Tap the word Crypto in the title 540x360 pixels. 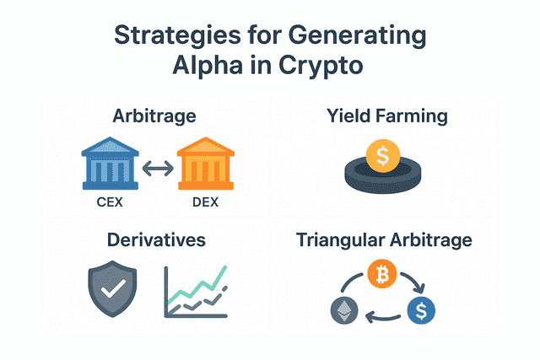321,67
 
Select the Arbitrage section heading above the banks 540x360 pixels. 154,116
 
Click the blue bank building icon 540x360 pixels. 111,163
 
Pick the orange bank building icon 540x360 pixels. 206,163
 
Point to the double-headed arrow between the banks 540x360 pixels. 158,169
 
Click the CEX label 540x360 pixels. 110,202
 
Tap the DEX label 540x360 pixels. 205,202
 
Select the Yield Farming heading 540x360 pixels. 387,116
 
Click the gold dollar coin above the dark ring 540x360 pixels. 383,156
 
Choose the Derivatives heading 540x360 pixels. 156,240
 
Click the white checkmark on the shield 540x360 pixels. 113,288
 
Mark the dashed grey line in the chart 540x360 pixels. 200,300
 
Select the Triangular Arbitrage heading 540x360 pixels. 384,240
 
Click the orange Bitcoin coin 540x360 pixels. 382,274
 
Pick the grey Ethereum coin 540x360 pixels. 344,310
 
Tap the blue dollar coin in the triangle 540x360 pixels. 421,310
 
